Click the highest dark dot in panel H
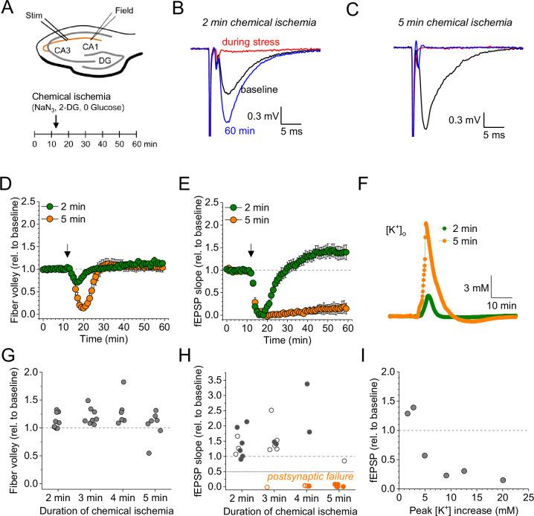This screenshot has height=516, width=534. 306,384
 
